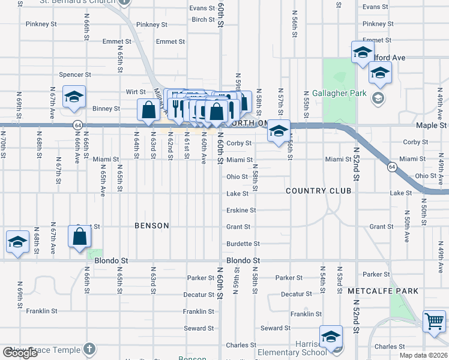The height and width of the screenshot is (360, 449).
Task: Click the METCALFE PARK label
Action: (x=374, y=290)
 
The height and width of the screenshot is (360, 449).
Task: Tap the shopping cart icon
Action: (x=434, y=321)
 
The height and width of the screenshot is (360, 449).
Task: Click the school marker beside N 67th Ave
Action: (x=74, y=97)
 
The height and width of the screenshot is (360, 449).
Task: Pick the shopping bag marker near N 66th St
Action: (x=80, y=237)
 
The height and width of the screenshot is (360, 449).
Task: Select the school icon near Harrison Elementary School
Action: (x=331, y=337)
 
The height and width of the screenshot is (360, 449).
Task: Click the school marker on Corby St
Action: (x=279, y=131)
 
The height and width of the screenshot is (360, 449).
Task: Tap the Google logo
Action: (x=20, y=353)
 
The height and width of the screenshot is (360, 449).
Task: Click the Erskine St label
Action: (x=241, y=211)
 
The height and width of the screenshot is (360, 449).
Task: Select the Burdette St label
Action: (x=243, y=244)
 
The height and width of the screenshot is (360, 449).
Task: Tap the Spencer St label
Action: (x=75, y=75)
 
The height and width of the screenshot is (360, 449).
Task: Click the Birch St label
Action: (x=203, y=20)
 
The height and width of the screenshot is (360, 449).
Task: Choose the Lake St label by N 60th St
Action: (x=237, y=194)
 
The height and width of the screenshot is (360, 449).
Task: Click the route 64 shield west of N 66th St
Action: (x=77, y=125)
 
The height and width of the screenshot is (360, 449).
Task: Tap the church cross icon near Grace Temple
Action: (x=89, y=348)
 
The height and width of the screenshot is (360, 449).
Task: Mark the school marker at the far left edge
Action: (x=17, y=242)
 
